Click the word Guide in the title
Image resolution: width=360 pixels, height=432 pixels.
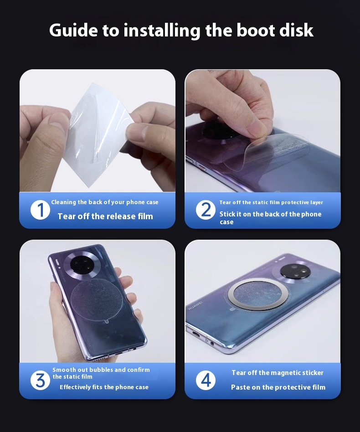(73, 30)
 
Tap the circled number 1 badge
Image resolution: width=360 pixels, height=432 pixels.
(40, 210)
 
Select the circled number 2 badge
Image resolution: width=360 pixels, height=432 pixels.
(206, 210)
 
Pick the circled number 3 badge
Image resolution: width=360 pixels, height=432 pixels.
(40, 381)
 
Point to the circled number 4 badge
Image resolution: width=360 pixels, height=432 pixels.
(206, 381)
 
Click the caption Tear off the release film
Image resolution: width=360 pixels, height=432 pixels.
(105, 216)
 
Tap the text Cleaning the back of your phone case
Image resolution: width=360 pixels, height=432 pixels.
(105, 202)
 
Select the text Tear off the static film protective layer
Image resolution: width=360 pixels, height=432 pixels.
(271, 202)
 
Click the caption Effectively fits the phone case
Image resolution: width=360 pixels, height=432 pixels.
(104, 387)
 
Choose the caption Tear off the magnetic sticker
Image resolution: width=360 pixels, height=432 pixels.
(278, 373)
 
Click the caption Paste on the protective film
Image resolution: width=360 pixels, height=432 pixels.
(278, 387)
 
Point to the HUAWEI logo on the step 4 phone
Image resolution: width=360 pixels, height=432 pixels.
(195, 305)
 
